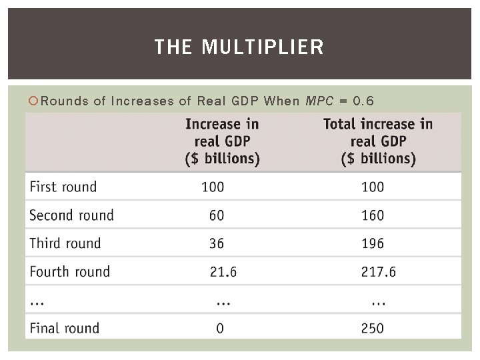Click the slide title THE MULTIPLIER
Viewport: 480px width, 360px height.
[x=239, y=47]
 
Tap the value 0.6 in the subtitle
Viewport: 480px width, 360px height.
[x=363, y=101]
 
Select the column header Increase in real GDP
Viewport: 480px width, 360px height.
[x=222, y=141]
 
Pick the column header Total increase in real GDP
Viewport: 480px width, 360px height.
[x=378, y=141]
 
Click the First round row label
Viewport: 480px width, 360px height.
[x=63, y=187]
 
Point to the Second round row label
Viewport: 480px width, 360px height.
[x=72, y=215]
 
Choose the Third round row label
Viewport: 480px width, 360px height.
[x=65, y=243]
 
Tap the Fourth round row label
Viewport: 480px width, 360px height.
[x=70, y=271]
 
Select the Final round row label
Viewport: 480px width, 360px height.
[x=65, y=328]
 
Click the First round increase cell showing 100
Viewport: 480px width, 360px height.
[x=213, y=187]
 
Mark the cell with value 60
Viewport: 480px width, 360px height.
[x=216, y=215]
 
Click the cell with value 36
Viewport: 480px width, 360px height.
[x=216, y=243]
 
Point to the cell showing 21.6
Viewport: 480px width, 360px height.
[x=223, y=271]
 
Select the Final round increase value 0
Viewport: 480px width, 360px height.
[x=219, y=328]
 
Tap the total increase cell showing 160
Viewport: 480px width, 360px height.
[x=372, y=215]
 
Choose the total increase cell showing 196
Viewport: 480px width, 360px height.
[x=372, y=243]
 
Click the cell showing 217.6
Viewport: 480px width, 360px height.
[x=379, y=271]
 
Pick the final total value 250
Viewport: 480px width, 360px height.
[x=372, y=328]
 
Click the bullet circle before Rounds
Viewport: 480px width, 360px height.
[x=34, y=101]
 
